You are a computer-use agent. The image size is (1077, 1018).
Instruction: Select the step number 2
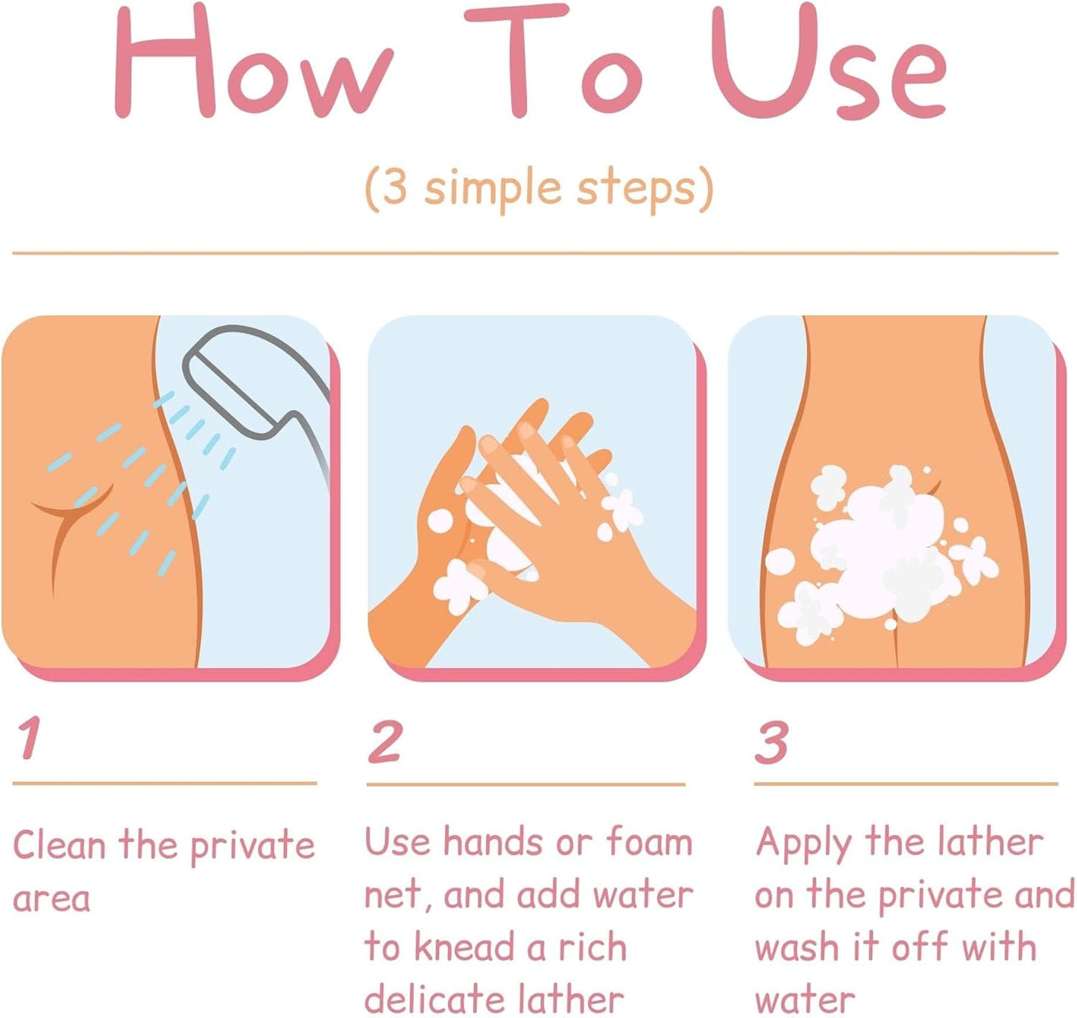pyautogui.click(x=385, y=742)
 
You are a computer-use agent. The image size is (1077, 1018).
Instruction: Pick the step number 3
pyautogui.click(x=771, y=742)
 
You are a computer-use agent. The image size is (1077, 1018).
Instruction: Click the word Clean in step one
pyautogui.click(x=60, y=845)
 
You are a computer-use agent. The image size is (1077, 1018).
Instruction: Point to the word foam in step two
pyautogui.click(x=649, y=842)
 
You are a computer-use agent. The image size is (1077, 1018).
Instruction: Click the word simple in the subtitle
pyautogui.click(x=493, y=190)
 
